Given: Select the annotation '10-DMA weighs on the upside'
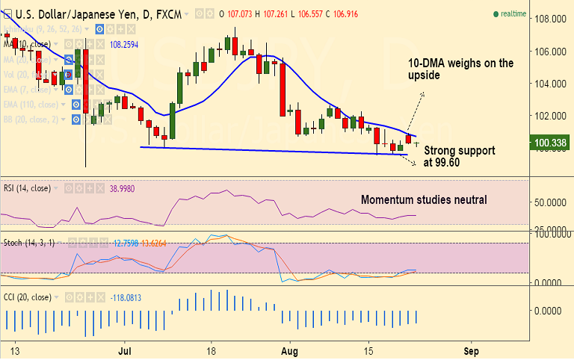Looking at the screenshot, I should [460, 69].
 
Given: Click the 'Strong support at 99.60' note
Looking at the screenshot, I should [459, 155].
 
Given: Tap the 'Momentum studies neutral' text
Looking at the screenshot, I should [424, 199].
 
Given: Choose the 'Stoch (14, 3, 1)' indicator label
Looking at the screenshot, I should [29, 243].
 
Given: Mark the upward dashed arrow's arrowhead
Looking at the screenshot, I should [423, 94].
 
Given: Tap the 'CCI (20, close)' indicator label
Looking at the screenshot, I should [27, 297].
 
